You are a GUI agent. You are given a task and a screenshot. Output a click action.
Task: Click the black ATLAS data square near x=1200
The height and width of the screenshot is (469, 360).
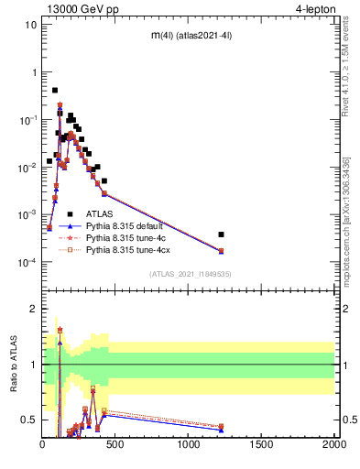tap(221, 234)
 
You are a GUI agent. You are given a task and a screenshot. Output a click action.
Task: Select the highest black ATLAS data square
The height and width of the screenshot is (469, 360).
tap(55, 91)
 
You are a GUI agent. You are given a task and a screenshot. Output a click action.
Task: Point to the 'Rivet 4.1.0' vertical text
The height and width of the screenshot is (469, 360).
tap(346, 71)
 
